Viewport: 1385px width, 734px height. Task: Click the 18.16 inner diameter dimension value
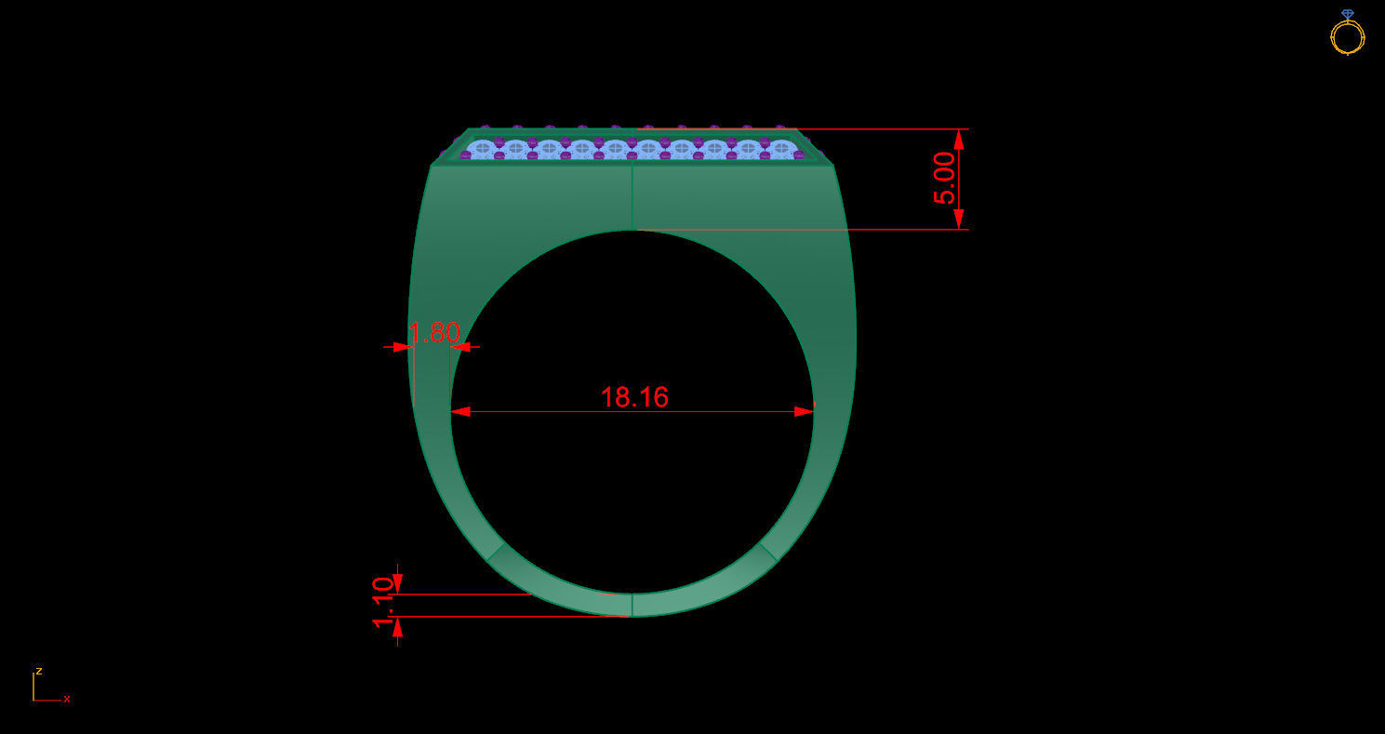[x=634, y=397]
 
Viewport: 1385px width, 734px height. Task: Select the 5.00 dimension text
[x=944, y=178]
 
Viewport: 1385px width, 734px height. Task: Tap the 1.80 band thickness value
[x=434, y=333]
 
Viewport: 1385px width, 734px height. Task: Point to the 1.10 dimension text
[x=383, y=603]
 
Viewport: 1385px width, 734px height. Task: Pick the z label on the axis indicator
[x=39, y=671]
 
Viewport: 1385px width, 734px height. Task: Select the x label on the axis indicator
[x=67, y=699]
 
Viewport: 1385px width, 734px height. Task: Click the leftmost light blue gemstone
[x=482, y=148]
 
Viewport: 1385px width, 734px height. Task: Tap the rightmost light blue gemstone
[x=781, y=148]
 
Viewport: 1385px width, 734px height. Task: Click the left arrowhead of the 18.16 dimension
[x=460, y=411]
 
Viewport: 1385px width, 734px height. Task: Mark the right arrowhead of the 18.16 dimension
[x=804, y=411]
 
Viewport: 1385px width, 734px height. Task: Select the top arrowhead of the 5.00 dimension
[x=959, y=139]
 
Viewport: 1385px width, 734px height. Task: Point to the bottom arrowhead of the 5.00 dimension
[x=959, y=220]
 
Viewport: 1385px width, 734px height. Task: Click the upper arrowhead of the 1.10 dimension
[x=397, y=583]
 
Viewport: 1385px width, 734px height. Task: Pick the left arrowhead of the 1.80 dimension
[x=403, y=347]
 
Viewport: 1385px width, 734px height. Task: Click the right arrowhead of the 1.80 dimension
[x=460, y=347]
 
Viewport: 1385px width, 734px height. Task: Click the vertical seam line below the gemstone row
[x=633, y=197]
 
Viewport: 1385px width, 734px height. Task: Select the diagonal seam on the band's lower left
[x=496, y=552]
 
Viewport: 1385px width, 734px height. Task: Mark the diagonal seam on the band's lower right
[x=768, y=552]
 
